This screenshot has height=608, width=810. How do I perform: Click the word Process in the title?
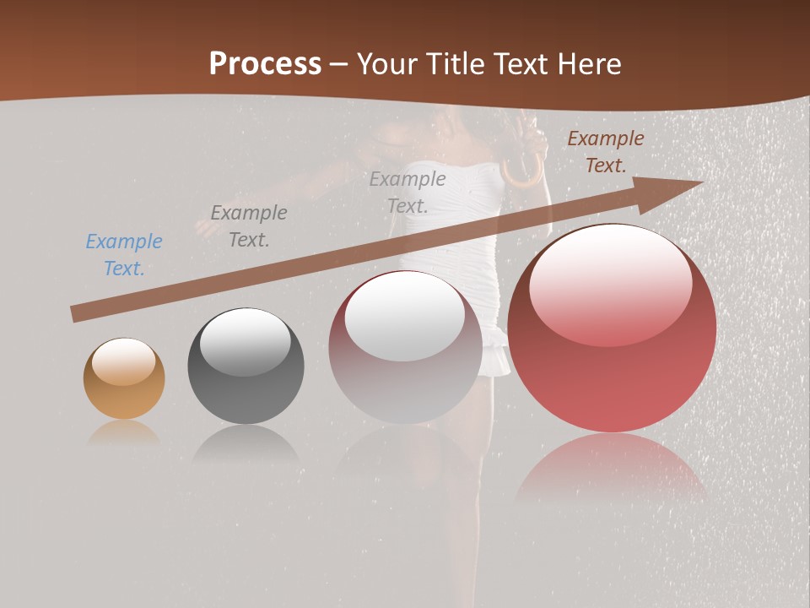(265, 63)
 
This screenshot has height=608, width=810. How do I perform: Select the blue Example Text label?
(124, 255)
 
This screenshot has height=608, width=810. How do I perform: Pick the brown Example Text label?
(606, 152)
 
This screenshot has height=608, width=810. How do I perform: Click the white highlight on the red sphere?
(610, 285)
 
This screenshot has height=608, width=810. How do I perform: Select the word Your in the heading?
(386, 63)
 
